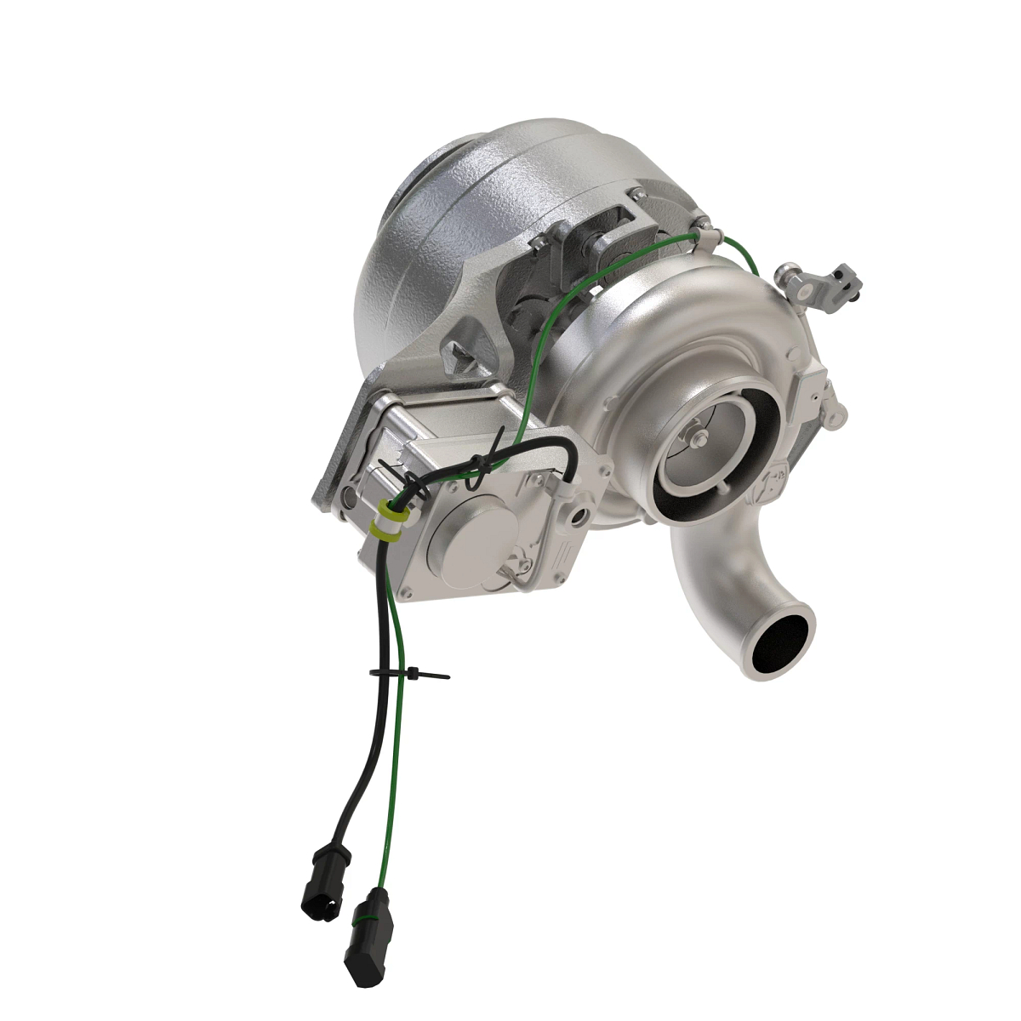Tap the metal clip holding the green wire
[x=702, y=230]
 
